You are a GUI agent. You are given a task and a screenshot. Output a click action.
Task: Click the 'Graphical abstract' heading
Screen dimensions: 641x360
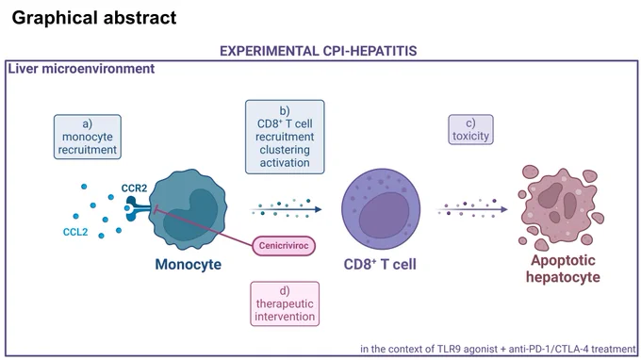94,18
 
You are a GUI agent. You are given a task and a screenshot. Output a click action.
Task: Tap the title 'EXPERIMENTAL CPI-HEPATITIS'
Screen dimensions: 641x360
318,51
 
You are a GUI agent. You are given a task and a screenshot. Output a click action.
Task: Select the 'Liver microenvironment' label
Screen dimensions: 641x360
81,69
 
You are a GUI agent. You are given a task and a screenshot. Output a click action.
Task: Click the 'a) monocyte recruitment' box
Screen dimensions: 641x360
88,137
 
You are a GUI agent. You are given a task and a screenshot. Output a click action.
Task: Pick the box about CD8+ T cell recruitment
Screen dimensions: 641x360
285,137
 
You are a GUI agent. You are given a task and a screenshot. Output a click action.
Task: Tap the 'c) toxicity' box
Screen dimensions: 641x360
470,129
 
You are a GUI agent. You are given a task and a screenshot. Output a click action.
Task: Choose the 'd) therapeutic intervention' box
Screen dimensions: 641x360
285,303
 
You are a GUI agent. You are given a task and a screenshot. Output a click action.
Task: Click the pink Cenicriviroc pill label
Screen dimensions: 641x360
284,246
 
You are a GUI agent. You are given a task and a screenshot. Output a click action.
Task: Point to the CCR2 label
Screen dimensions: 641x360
134,188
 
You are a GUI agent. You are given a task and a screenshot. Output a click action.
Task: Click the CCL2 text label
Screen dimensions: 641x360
75,232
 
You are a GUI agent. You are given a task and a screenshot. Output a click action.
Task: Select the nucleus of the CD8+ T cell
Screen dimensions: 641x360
384,215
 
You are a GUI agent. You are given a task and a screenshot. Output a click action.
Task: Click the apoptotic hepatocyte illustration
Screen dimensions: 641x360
561,207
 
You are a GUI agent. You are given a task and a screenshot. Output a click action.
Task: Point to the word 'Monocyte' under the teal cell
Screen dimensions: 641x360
188,265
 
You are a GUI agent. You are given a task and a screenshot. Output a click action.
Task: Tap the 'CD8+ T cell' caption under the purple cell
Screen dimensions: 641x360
380,265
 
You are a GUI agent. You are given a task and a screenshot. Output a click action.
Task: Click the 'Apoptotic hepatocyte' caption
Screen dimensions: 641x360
563,269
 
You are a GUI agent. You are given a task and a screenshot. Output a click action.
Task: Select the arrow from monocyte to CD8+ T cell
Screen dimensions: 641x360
287,209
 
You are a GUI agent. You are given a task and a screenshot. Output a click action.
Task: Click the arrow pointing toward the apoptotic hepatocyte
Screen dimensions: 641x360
472,209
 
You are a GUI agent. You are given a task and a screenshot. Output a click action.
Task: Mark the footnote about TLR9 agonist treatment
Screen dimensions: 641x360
498,350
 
